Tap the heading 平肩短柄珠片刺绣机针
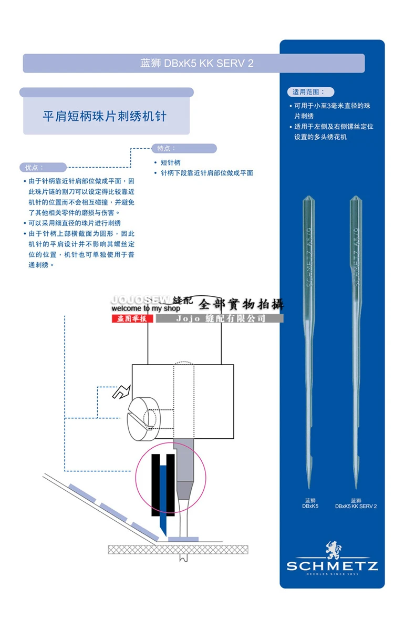(105, 116)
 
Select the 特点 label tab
(183, 149)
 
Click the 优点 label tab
(43, 167)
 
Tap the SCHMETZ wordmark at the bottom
(332, 566)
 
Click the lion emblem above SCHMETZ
(333, 550)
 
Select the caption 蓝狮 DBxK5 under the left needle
(310, 503)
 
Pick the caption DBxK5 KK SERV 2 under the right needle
(356, 503)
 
